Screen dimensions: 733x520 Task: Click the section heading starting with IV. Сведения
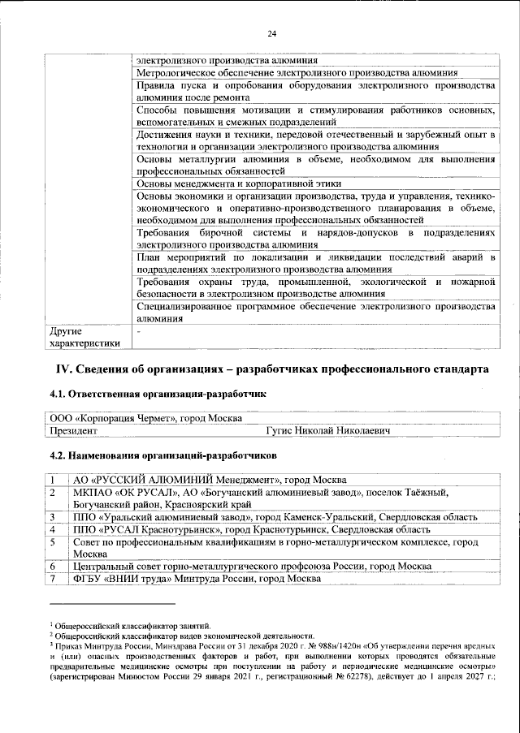coord(271,369)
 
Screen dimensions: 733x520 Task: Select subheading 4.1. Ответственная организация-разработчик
coord(158,395)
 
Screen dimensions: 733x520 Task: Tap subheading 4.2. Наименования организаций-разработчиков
coord(162,447)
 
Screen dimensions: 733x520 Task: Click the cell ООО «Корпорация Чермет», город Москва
coord(146,418)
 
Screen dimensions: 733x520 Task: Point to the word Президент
coord(74,430)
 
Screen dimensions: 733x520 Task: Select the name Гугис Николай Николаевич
coord(327,430)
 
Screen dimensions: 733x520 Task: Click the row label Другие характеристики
coord(85,338)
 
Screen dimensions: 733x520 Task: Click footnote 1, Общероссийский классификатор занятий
coord(133,625)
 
